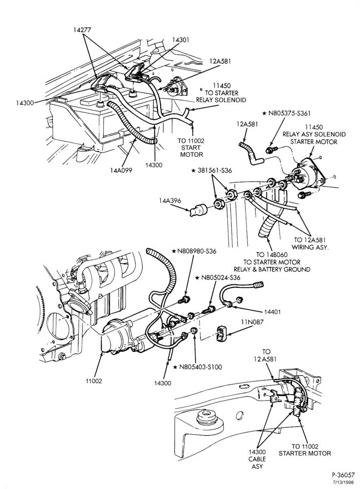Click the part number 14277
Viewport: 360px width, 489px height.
82,30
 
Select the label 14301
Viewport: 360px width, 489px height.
180,40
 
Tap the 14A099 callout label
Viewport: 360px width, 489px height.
121,170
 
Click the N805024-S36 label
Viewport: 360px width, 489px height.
218,278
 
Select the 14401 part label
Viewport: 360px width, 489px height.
273,311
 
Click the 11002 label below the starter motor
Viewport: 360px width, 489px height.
94,381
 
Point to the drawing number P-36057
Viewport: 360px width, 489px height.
343,475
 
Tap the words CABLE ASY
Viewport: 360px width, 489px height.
257,463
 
